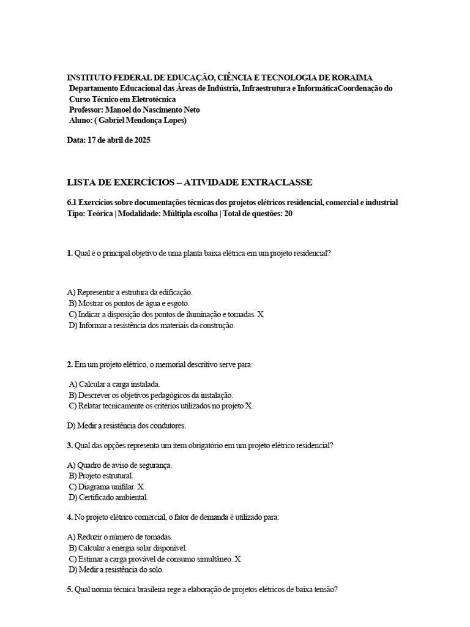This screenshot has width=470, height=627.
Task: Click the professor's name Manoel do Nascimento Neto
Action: (152, 110)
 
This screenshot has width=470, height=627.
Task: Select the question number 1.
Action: (70, 252)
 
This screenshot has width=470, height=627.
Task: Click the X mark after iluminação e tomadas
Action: (260, 314)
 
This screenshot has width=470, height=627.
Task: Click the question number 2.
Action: (70, 364)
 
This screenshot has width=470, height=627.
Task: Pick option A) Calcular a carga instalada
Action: (114, 385)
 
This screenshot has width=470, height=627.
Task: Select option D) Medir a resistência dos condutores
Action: (126, 425)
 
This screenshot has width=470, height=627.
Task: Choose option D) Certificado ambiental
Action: (108, 497)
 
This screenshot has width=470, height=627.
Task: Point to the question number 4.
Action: (70, 517)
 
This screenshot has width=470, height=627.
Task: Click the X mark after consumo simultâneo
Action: (237, 558)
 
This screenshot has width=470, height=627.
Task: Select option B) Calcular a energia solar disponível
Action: (128, 547)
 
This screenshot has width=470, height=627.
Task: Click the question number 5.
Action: (70, 590)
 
